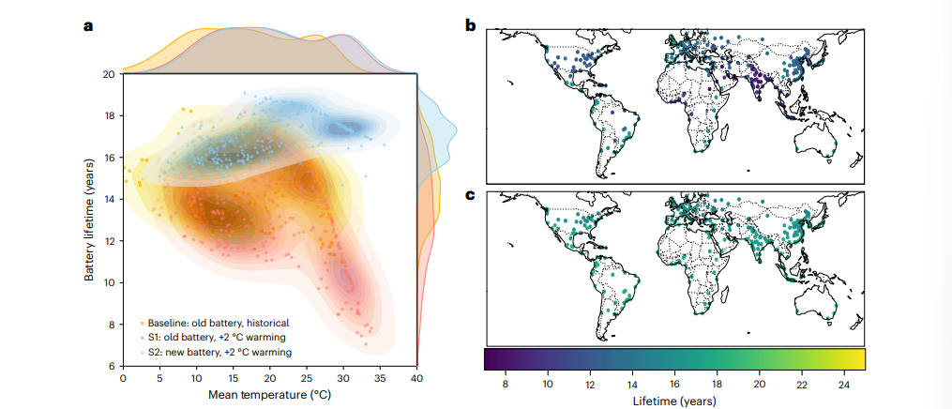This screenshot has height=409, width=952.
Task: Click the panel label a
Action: pyautogui.click(x=88, y=26)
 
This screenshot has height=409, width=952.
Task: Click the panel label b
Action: pyautogui.click(x=471, y=25)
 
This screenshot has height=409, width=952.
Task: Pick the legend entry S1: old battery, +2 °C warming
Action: pyautogui.click(x=217, y=338)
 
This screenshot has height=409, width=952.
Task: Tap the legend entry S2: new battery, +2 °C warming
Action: pyautogui.click(x=218, y=353)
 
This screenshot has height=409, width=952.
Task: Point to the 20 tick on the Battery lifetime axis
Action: pyautogui.click(x=110, y=74)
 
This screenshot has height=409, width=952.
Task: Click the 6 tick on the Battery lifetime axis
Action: pyautogui.click(x=113, y=366)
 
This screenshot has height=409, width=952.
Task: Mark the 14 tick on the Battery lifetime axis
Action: pyautogui.click(x=110, y=199)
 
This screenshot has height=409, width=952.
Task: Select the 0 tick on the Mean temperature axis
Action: pyautogui.click(x=123, y=379)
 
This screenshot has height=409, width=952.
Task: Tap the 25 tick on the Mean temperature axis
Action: pyautogui.click(x=307, y=379)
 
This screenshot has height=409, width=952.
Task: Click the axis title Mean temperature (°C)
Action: pyautogui.click(x=270, y=395)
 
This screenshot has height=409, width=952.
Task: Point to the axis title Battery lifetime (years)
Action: pyautogui.click(x=90, y=220)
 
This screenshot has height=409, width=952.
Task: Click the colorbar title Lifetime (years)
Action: pyautogui.click(x=673, y=401)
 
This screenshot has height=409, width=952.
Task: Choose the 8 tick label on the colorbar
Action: pyautogui.click(x=506, y=384)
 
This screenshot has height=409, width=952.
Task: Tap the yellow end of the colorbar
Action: pyautogui.click(x=859, y=359)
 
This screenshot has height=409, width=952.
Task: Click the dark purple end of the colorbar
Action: pyautogui.click(x=489, y=359)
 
